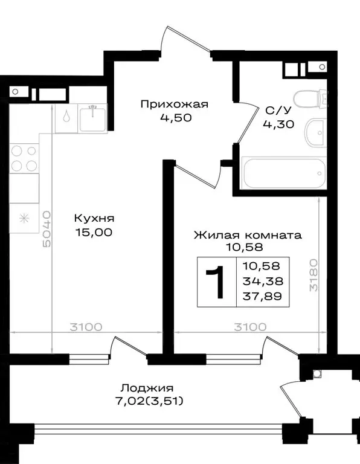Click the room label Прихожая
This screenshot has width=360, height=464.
point(174,104)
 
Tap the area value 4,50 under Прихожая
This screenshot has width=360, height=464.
point(175,118)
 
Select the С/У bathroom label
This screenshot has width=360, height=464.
point(276,111)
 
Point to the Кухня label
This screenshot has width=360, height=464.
point(94,218)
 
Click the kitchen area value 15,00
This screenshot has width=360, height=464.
point(94,231)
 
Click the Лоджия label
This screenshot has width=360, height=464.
point(147,388)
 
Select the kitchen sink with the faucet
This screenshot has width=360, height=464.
point(93,118)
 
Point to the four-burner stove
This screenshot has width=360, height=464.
point(24,156)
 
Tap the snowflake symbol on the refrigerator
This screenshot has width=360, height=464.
point(24,218)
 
